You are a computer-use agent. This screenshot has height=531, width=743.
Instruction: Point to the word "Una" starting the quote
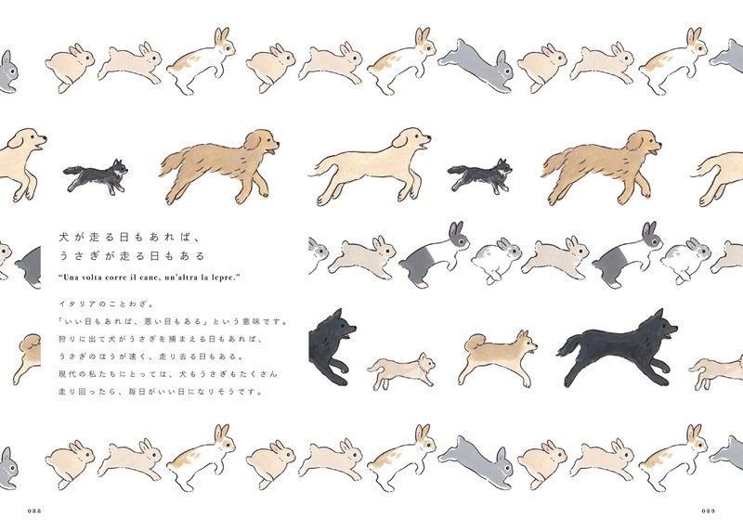point(68,278)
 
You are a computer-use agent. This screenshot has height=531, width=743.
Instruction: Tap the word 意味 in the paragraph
point(261,322)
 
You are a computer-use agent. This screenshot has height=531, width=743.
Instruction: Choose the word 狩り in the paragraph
point(68,340)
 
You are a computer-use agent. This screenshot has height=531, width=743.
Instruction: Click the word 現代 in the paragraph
point(68,374)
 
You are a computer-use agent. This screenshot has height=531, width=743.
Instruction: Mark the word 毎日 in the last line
point(156,392)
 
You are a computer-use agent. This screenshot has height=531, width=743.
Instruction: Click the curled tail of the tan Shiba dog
point(468,345)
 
